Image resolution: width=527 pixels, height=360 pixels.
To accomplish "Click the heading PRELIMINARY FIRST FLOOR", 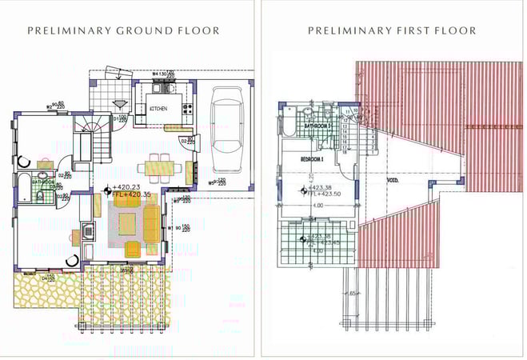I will coord(392,30).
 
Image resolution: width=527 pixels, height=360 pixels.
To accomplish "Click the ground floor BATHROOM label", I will coord(42,182).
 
